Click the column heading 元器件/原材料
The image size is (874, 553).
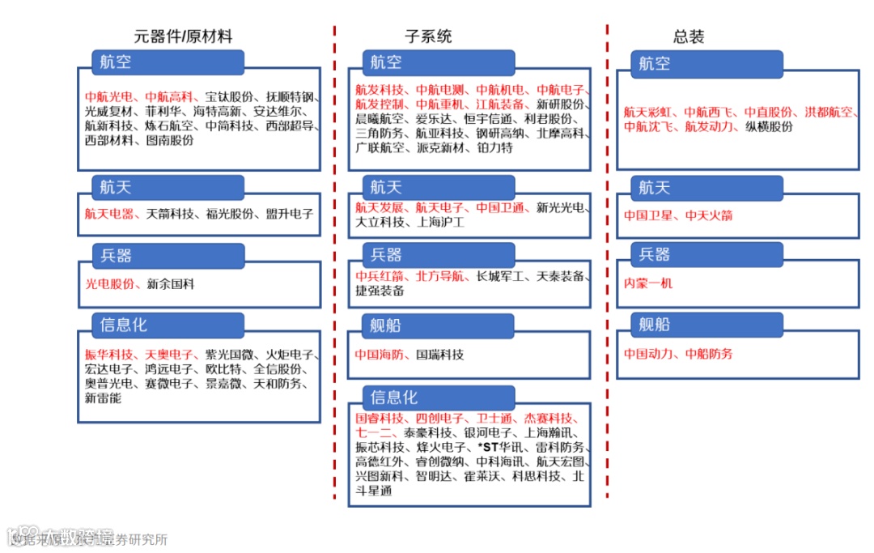183,36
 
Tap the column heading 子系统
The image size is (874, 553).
428,36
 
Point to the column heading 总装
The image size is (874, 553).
689,36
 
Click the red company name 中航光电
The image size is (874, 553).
110,96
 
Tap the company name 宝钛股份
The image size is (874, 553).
229,96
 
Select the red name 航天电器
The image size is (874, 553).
110,215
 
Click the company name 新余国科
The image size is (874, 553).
171,284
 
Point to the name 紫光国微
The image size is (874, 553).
229,355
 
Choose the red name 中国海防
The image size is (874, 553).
380,355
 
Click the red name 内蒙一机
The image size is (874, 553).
647,283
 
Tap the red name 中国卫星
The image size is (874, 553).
648,215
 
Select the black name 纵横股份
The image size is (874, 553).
769,126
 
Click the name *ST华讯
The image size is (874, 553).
501,447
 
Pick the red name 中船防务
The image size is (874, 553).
709,354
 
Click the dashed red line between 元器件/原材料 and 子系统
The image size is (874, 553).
334,259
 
